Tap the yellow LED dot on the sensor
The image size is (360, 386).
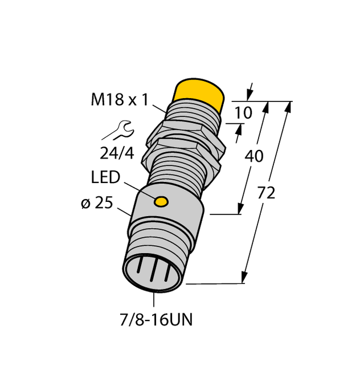click(x=162, y=201)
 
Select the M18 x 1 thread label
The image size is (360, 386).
click(x=120, y=100)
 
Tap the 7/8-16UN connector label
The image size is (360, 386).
click(x=156, y=320)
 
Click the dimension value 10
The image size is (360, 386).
click(x=243, y=113)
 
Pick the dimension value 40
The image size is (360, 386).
click(x=254, y=155)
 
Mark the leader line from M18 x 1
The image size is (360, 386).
click(x=160, y=107)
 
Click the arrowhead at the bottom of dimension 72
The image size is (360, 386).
click(x=246, y=278)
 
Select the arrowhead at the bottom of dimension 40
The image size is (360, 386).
click(x=240, y=210)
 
